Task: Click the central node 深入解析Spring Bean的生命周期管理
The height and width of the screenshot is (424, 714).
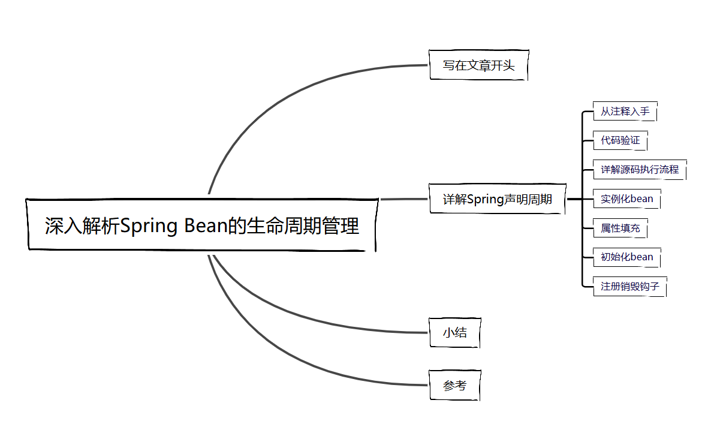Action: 202,225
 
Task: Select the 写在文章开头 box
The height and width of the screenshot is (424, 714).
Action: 478,65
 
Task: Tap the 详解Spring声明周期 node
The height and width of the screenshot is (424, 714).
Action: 497,199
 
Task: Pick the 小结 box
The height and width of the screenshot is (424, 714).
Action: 454,333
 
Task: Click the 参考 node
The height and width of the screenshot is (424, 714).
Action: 454,386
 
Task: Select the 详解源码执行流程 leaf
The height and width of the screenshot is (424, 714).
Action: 639,170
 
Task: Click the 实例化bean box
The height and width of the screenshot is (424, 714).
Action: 626,199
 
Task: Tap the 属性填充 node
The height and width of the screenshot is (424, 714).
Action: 620,228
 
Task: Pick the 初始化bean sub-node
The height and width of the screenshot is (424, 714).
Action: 626,257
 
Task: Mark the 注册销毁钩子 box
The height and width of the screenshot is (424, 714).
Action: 629,286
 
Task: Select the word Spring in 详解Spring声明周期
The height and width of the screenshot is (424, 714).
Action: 485,199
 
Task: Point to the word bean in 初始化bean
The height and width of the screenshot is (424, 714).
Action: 641,257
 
